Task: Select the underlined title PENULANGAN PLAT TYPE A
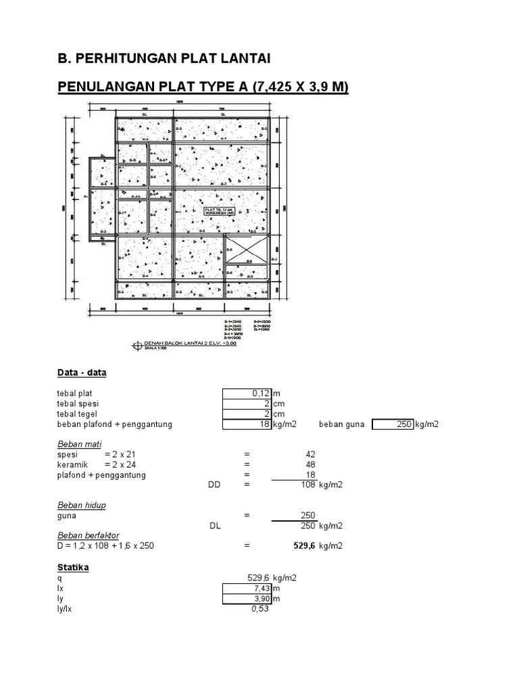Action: [203, 87]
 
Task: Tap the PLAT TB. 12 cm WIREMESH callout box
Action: [219, 211]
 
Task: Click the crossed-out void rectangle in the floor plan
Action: [247, 249]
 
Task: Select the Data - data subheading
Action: [82, 372]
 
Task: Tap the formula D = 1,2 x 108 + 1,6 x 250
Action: [105, 546]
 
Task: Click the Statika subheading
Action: [73, 568]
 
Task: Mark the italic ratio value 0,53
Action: [260, 609]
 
